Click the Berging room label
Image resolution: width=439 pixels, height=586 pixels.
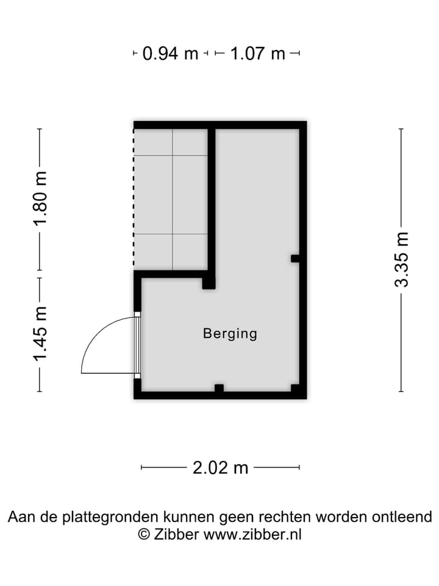click(230, 333)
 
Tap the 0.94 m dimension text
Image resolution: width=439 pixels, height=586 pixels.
click(170, 54)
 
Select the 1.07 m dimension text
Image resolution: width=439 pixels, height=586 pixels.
click(257, 54)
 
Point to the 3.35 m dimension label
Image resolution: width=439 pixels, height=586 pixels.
click(402, 259)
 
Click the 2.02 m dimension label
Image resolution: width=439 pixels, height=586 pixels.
click(220, 468)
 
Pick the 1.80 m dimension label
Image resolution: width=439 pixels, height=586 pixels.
click(40, 198)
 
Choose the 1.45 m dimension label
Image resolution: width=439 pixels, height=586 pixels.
click(40, 334)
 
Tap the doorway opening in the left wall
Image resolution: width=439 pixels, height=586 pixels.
click(137, 345)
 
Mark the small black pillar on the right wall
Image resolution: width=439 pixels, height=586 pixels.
click(295, 258)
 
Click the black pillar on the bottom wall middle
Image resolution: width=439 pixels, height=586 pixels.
click(219, 388)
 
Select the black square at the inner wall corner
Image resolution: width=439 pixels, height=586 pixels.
click(209, 283)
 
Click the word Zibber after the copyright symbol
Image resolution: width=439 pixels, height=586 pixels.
click(176, 534)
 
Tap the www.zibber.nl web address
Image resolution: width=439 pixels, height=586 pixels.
click(252, 534)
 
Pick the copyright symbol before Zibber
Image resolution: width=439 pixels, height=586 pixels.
click(144, 534)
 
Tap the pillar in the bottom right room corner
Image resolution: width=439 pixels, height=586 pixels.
click(296, 389)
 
